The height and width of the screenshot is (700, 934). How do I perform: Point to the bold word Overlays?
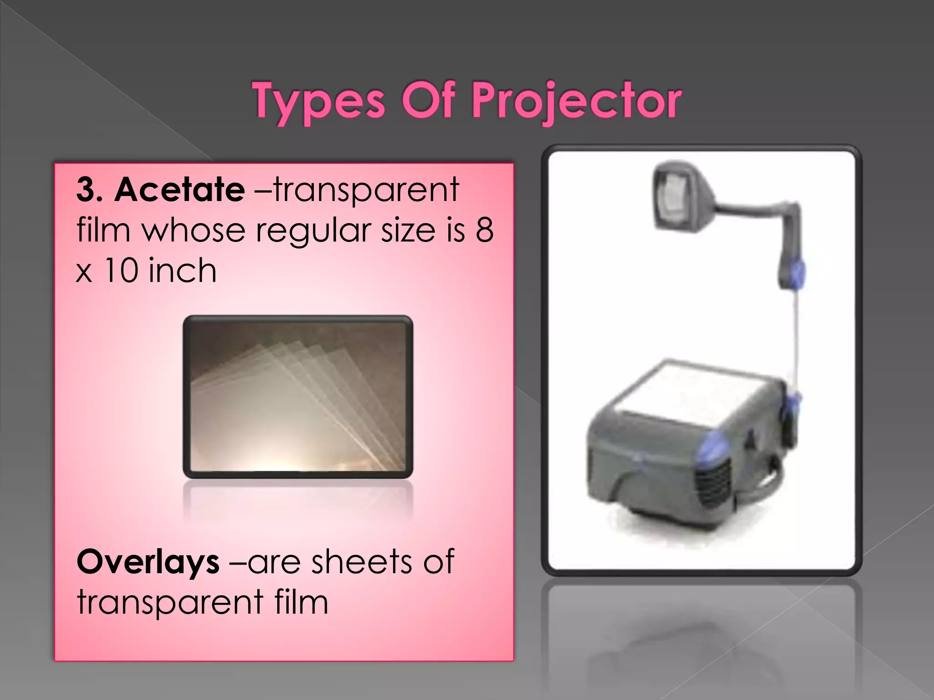148,562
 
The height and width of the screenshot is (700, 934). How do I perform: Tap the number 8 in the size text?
484,230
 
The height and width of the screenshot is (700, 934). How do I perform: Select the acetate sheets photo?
298,396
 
